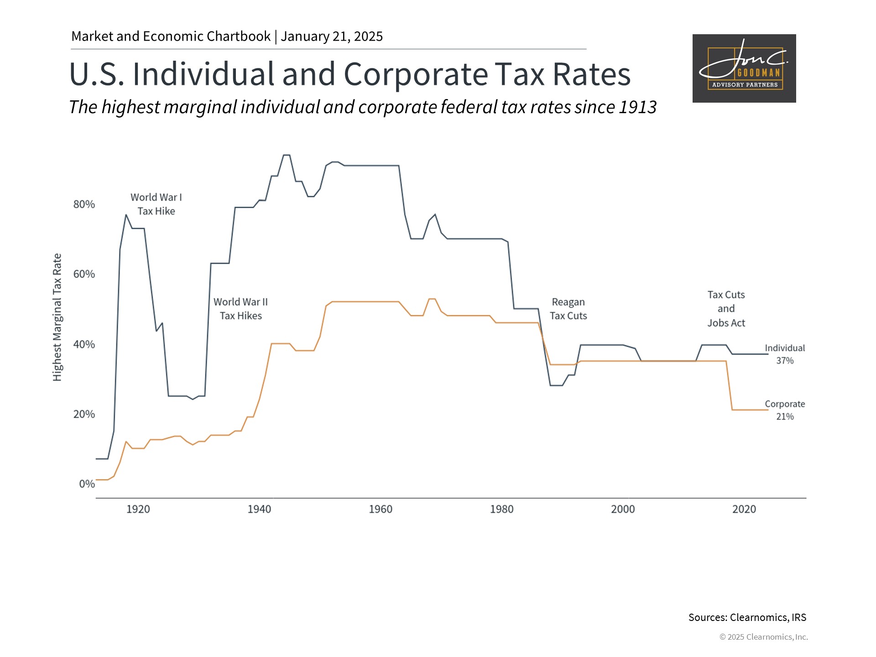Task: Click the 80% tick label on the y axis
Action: (x=84, y=204)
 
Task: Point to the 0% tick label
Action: (x=87, y=484)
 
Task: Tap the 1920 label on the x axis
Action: (x=138, y=509)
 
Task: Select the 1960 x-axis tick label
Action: (x=381, y=509)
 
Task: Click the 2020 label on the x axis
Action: (x=744, y=509)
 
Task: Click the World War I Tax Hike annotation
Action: (x=156, y=204)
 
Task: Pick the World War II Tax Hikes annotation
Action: (x=240, y=309)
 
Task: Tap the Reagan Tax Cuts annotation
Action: (x=568, y=309)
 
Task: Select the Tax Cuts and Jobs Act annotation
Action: (x=726, y=309)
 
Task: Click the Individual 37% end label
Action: (x=785, y=354)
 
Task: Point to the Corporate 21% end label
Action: (x=785, y=410)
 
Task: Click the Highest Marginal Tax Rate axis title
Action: (x=57, y=317)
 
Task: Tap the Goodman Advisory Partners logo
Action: (x=744, y=68)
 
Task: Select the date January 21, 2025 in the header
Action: (x=332, y=36)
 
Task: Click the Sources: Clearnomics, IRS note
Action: (x=747, y=617)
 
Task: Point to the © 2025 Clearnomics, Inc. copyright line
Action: (x=763, y=637)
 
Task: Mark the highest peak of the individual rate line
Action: (x=287, y=156)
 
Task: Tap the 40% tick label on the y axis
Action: (x=84, y=344)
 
